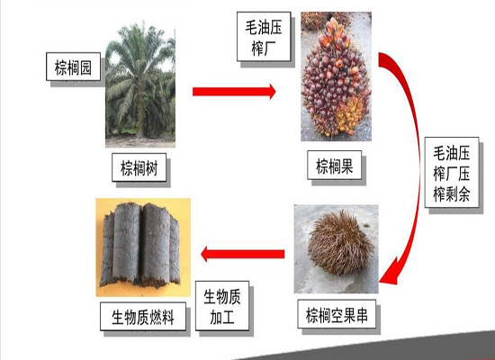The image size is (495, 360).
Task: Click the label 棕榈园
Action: coord(73,67)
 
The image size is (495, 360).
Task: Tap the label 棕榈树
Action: coord(139,167)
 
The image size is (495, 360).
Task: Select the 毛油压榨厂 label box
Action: coord(264,37)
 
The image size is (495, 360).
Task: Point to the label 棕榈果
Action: coord(334,166)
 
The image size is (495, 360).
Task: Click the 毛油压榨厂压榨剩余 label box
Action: coord(452,173)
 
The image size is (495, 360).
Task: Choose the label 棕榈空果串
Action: coord(337,314)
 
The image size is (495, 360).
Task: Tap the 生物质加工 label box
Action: coord(222,306)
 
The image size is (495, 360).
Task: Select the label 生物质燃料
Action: coord(143,317)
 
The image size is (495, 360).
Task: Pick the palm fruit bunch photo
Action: coord(336,76)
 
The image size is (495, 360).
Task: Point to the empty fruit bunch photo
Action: coord(337,248)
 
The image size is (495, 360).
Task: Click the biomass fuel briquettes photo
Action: coord(143,247)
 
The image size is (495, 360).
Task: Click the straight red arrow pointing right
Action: coord(234,92)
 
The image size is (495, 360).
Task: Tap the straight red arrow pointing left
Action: coord(243,254)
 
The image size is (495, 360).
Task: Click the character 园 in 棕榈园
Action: coord(85,67)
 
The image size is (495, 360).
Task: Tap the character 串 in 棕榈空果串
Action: coord(362,315)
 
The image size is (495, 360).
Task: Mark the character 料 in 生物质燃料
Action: coord(167,317)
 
